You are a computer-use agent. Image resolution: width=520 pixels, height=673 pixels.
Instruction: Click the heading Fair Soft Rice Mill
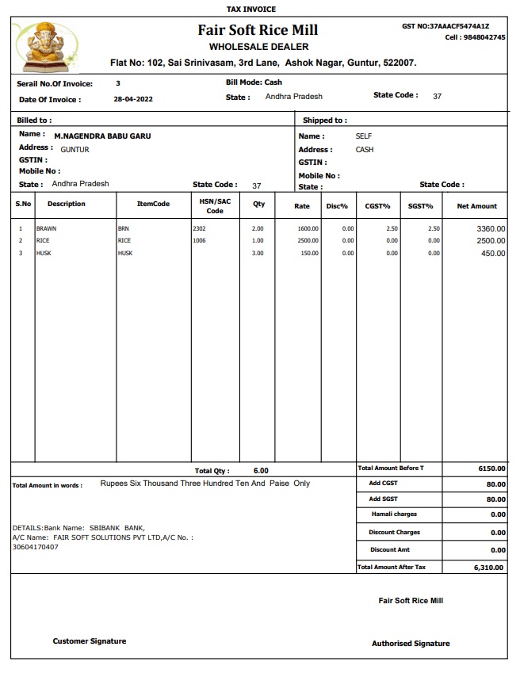coord(258,30)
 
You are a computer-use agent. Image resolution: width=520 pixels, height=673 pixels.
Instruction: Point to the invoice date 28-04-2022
coord(133,100)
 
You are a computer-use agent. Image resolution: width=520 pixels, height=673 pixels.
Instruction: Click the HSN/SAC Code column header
coord(215,206)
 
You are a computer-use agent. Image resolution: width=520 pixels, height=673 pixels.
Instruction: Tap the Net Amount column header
coord(476,206)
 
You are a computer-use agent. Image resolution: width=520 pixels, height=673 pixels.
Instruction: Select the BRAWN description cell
coord(47,228)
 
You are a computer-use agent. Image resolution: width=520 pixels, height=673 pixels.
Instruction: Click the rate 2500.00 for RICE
coord(308,240)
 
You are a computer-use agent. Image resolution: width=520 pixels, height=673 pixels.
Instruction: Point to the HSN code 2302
coord(199,228)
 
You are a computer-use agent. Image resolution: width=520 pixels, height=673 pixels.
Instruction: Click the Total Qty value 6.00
coord(261,471)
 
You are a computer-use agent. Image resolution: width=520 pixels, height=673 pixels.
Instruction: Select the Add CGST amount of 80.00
coord(495,484)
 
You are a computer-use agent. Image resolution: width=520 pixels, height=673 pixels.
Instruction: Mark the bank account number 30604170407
coord(35,547)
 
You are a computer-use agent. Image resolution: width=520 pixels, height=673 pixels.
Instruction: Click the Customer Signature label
coord(90,641)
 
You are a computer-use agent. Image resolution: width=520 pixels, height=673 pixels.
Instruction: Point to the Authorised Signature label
coord(411,644)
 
